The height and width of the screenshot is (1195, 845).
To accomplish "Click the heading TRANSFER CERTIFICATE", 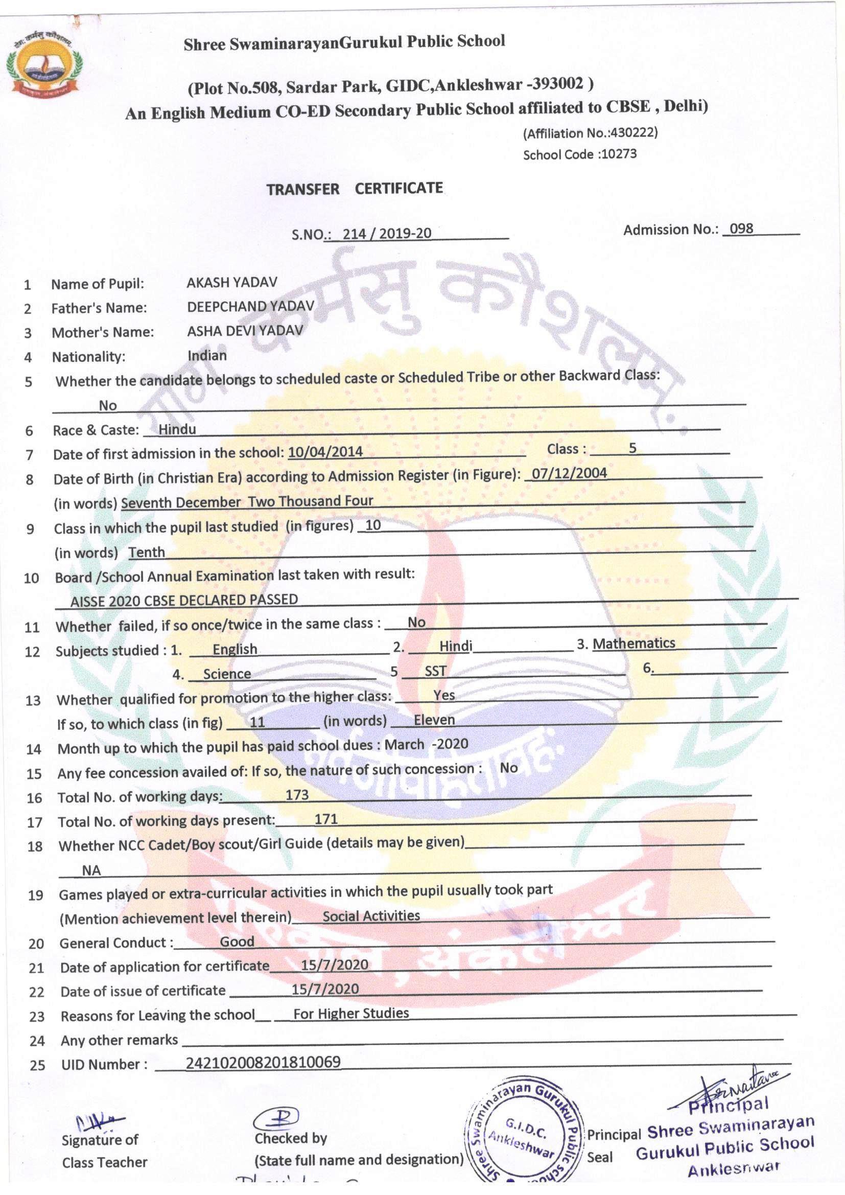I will click(x=355, y=189).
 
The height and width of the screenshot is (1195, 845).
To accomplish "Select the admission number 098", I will click(x=741, y=228).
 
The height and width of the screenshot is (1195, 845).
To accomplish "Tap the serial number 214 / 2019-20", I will click(x=387, y=233).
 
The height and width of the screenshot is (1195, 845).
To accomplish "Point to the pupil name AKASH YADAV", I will click(x=232, y=283).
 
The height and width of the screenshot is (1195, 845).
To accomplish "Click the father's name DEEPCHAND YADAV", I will click(x=250, y=307).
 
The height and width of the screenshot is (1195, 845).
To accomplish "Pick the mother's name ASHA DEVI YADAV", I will click(x=245, y=331).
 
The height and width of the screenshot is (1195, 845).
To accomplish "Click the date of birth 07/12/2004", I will click(x=569, y=474).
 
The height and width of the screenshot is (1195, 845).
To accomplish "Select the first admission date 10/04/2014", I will click(x=325, y=451).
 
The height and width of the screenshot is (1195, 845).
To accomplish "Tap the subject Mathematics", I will click(x=633, y=644).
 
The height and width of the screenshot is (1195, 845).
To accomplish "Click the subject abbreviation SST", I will click(x=435, y=672).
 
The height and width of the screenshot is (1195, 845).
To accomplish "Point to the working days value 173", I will click(x=297, y=795).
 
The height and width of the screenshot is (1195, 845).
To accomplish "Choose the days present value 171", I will click(x=326, y=819).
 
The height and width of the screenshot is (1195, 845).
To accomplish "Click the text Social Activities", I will click(x=371, y=916).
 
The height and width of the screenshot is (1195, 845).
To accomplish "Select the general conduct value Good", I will click(x=237, y=941).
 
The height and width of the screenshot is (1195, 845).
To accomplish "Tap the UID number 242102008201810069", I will click(x=263, y=1062).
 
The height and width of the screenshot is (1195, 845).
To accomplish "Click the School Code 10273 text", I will click(x=580, y=154).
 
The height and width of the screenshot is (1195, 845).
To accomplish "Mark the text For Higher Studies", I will click(x=350, y=1014).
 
